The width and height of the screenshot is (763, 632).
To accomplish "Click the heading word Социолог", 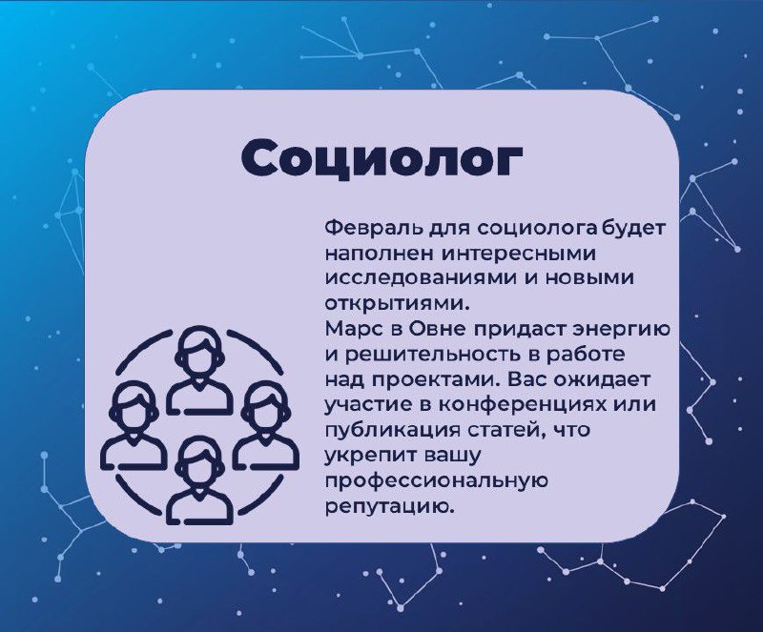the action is tap(381, 158).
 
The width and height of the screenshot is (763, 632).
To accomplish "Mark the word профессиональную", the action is tap(437, 481).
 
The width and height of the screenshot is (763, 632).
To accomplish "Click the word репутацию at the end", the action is tap(390, 506).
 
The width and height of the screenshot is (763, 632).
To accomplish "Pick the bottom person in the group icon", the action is tap(199, 480).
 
